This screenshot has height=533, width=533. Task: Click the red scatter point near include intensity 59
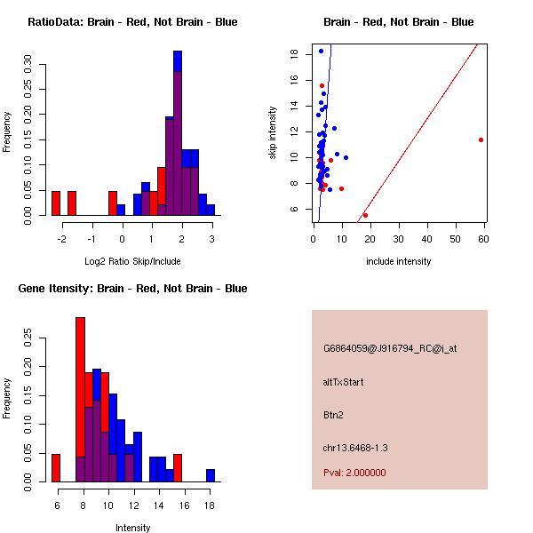pyautogui.click(x=481, y=139)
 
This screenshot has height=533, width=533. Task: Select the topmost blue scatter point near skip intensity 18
pyautogui.click(x=321, y=51)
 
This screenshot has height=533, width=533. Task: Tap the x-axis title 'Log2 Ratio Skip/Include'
pyautogui.click(x=132, y=261)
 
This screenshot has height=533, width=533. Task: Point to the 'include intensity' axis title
pyautogui.click(x=399, y=261)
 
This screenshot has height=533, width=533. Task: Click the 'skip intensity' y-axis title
pyautogui.click(x=273, y=133)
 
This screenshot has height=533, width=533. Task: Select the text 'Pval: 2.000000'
pyautogui.click(x=354, y=473)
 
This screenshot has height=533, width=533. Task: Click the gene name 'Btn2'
pyautogui.click(x=334, y=414)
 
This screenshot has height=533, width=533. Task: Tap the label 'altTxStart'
pyautogui.click(x=344, y=382)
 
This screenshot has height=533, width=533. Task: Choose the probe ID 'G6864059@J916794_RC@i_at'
pyautogui.click(x=390, y=349)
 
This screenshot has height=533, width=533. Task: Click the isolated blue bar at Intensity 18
pyautogui.click(x=211, y=475)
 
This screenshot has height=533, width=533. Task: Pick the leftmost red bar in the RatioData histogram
pyautogui.click(x=56, y=203)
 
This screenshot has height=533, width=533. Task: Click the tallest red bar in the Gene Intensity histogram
pyautogui.click(x=80, y=400)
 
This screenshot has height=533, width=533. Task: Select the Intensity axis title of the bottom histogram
pyautogui.click(x=133, y=528)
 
